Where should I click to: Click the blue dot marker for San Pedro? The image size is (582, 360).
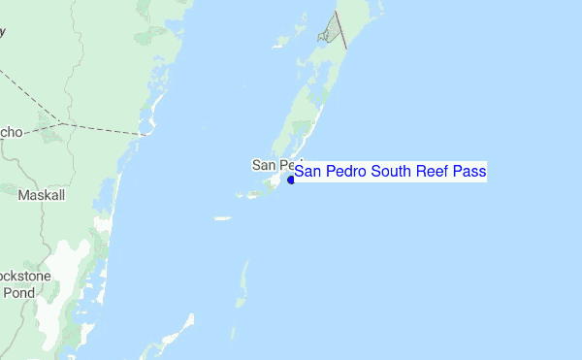click(291, 179)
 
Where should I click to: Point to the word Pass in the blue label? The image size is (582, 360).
click(469, 172)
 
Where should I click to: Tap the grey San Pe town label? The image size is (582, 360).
click(275, 164)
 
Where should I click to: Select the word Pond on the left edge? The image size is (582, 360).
click(18, 292)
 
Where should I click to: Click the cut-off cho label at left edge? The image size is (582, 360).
click(12, 131)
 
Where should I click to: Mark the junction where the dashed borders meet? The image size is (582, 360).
click(61, 122)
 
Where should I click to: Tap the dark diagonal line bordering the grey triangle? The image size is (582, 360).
click(340, 31)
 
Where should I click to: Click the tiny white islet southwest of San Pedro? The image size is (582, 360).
click(223, 218)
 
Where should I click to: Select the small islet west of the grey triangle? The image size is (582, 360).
click(285, 42)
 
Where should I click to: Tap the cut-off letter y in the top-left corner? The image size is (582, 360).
click(3, 31)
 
